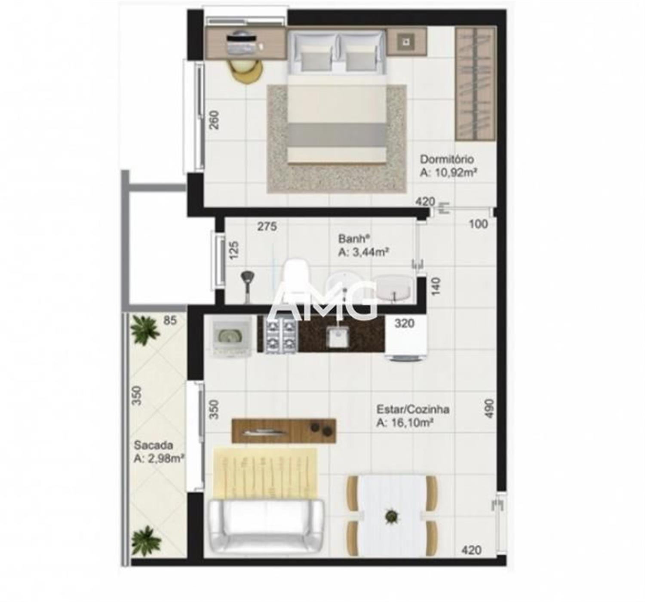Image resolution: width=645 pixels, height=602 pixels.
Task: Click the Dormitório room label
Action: [447, 160]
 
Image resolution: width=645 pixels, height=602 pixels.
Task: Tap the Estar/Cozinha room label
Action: [413, 409]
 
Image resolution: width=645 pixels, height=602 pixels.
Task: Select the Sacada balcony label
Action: [153, 445]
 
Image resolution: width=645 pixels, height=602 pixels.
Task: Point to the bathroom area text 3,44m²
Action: [370, 252]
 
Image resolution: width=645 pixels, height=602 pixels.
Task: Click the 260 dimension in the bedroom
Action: [214, 120]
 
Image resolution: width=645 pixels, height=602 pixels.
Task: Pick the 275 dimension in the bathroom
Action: [267, 227]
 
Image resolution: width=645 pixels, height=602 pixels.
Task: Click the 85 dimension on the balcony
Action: [170, 320]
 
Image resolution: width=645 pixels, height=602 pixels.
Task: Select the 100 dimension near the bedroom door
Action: [479, 224]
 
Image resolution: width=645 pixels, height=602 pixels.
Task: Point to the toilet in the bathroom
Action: [295, 275]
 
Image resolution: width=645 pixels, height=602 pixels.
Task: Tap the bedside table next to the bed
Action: [406, 42]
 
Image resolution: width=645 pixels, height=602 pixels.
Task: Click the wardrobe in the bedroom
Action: [475, 84]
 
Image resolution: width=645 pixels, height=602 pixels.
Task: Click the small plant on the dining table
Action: [391, 516]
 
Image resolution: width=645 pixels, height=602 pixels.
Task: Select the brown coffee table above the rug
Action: [283, 431]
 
